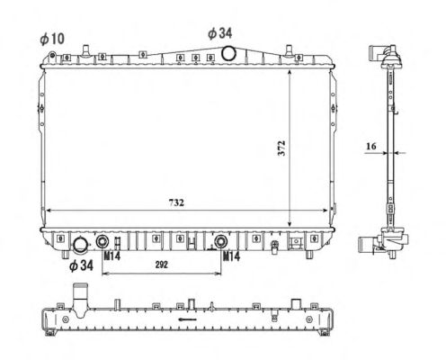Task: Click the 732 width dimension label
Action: click(x=176, y=202)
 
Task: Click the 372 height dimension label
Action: click(x=281, y=148)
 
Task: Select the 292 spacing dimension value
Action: click(x=161, y=265)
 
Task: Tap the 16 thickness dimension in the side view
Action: click(x=371, y=146)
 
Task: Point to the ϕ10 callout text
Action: click(x=52, y=39)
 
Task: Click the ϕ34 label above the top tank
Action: click(x=220, y=33)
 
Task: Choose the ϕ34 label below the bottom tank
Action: click(x=81, y=265)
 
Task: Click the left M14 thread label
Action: click(x=111, y=256)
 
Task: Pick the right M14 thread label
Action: click(x=231, y=256)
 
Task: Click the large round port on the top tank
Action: click(x=229, y=53)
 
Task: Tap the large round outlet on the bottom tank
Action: click(x=81, y=244)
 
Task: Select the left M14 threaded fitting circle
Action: click(x=103, y=241)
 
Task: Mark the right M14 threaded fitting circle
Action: click(x=221, y=241)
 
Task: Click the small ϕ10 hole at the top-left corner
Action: click(x=52, y=55)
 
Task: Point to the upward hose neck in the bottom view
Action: click(x=80, y=300)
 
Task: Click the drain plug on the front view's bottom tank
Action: click(x=274, y=247)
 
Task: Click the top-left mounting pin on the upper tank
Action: click(x=86, y=50)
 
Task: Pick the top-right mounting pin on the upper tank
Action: click(x=289, y=50)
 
